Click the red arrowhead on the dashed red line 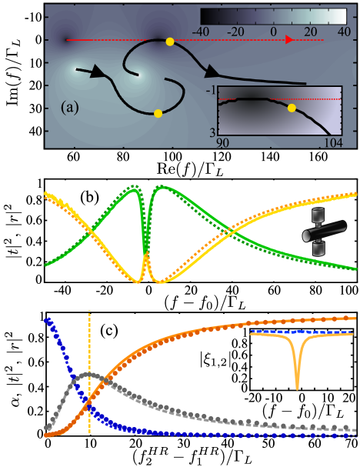pyautogui.click(x=290, y=40)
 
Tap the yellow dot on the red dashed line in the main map pyautogui.click(x=169, y=41)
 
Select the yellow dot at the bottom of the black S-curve pyautogui.click(x=158, y=113)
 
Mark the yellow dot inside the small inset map pyautogui.click(x=291, y=108)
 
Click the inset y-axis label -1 pyautogui.click(x=209, y=91)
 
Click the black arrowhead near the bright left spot pyautogui.click(x=97, y=72)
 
